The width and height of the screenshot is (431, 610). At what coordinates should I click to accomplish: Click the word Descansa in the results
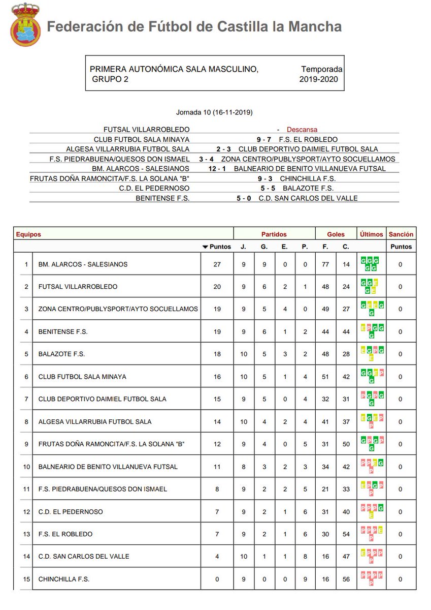[x=302, y=130]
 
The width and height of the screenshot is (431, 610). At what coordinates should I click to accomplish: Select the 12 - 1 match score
[x=217, y=168]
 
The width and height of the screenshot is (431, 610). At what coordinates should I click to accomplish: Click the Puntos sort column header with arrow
[x=217, y=247]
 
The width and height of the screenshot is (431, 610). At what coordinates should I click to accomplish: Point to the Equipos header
[x=28, y=234]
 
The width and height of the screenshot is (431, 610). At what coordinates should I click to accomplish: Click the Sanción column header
[x=401, y=234]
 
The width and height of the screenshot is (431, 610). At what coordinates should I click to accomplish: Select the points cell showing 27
[x=217, y=264]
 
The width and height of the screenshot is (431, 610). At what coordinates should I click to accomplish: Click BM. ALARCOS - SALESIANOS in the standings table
[x=83, y=264]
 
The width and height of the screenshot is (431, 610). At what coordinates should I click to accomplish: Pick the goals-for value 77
[x=325, y=264]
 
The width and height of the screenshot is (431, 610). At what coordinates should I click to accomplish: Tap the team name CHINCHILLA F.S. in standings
[x=64, y=579]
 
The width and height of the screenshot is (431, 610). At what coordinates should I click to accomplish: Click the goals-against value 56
[x=346, y=579]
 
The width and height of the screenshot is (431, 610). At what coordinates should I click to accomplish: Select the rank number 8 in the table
[x=26, y=421]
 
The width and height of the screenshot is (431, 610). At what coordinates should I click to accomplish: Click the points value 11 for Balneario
[x=217, y=467]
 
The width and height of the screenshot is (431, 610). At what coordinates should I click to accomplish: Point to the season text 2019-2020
[x=318, y=79]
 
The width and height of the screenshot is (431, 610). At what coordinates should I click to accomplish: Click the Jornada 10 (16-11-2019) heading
[x=214, y=112]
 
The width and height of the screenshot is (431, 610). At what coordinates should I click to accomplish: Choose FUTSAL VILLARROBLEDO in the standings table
[x=78, y=287]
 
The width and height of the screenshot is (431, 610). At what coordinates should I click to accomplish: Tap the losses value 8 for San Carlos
[x=305, y=557]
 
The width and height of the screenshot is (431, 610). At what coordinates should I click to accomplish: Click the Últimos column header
[x=372, y=234]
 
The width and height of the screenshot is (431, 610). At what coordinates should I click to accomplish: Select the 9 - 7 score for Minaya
[x=267, y=139]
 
